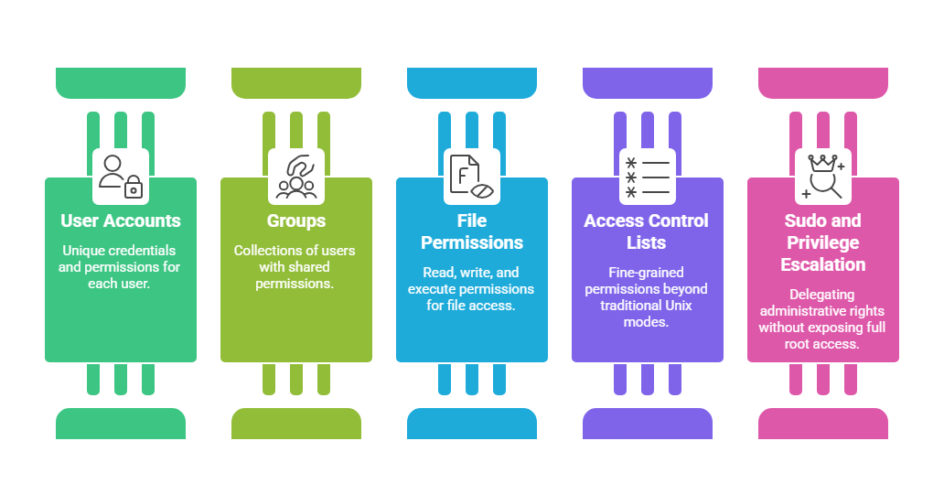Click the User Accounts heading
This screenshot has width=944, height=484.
121,220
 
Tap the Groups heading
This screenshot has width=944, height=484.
296,220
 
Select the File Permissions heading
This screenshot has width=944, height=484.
472,231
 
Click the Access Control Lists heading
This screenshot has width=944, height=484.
648,231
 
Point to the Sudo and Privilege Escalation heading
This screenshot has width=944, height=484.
823,242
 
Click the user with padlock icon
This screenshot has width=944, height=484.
121,177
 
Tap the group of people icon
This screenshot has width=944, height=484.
296,177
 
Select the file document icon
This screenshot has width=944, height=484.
472,177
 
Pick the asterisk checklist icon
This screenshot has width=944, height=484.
648,177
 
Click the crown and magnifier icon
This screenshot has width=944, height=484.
823,177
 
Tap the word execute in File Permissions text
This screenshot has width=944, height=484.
431,289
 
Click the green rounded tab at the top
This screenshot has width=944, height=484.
121,82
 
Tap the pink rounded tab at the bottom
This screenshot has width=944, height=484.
823,424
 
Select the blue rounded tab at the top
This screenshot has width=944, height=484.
472,82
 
